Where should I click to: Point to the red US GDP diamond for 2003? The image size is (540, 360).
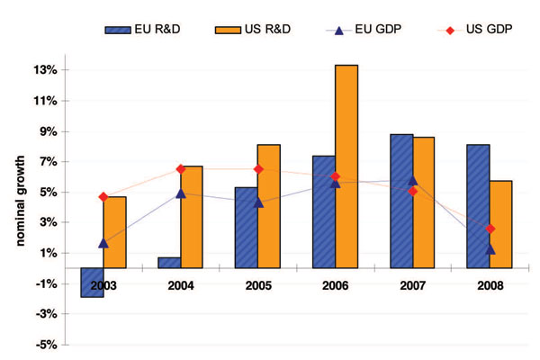103,196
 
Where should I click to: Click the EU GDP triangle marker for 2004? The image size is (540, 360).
181,193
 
